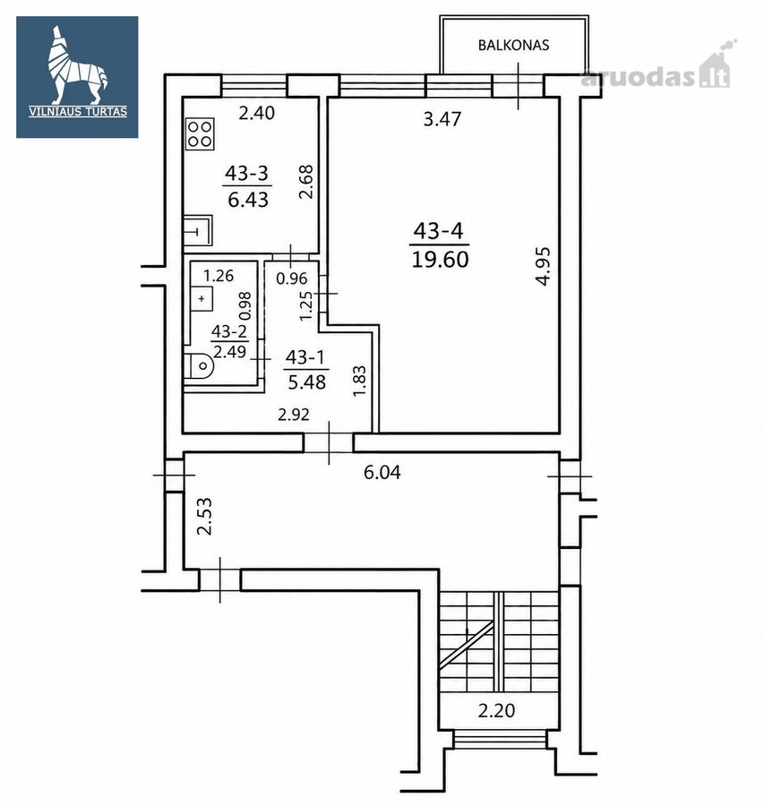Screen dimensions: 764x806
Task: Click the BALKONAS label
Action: tap(513, 46)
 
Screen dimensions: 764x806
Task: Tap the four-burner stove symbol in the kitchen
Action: tap(200, 133)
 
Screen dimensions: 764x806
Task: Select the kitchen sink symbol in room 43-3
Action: tap(198, 230)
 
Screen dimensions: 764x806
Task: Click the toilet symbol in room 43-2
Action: tap(199, 366)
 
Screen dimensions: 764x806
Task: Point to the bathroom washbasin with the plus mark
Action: tap(201, 298)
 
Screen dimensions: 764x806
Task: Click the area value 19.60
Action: tap(440, 260)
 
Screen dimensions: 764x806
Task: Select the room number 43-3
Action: tap(247, 173)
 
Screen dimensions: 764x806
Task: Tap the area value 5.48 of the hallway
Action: tap(307, 382)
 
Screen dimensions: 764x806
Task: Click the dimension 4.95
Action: tap(543, 266)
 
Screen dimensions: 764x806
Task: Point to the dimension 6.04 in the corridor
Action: tap(382, 472)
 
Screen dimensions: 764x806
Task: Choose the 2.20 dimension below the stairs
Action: tap(496, 711)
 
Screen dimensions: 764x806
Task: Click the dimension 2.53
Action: tap(204, 516)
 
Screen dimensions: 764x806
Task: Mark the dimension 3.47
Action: tap(442, 119)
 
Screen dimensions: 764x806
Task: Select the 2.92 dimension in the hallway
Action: tap(294, 415)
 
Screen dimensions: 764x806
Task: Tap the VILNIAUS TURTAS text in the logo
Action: tap(78, 112)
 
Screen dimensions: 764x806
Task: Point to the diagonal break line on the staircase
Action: tap(467, 645)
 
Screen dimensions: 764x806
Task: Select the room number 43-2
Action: tap(229, 331)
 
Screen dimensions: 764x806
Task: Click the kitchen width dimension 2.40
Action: tap(257, 113)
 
